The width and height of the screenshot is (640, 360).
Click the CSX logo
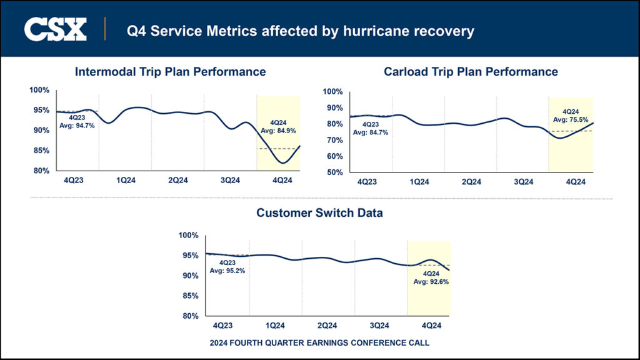tap(55, 29)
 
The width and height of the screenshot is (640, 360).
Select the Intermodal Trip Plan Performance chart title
tap(170, 72)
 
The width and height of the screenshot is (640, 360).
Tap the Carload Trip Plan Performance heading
tap(471, 72)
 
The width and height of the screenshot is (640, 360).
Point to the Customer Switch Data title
tap(319, 213)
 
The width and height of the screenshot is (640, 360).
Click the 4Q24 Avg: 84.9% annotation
tap(282, 127)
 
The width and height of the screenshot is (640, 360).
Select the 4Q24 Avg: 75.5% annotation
tap(571, 116)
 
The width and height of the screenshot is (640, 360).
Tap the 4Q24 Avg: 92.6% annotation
tap(431, 278)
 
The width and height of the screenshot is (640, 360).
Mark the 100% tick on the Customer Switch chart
tap(188, 235)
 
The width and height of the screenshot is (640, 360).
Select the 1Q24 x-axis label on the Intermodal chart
tap(126, 181)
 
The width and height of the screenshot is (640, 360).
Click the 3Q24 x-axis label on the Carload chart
tap(523, 182)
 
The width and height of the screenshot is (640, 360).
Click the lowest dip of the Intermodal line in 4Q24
tap(284, 163)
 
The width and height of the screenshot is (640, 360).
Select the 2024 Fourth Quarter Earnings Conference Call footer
tap(319, 343)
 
